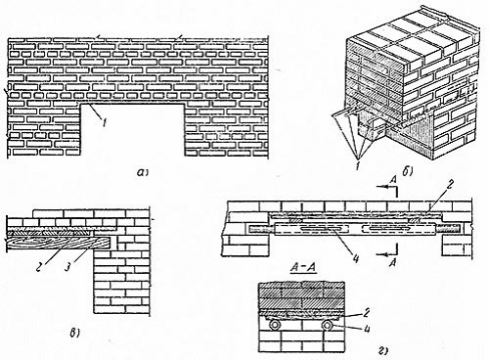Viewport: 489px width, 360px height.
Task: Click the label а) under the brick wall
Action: (142, 172)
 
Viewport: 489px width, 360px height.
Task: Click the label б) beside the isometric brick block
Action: (408, 171)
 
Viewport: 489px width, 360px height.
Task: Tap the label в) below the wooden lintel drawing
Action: (74, 333)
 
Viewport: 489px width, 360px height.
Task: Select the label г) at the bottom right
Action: (383, 351)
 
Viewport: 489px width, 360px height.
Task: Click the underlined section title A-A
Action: (303, 268)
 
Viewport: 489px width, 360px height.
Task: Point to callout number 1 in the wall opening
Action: (104, 123)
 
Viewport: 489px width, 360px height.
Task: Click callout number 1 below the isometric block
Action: (358, 166)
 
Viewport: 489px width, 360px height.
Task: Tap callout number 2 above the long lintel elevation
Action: (449, 185)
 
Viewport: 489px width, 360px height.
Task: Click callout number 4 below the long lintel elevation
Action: (356, 258)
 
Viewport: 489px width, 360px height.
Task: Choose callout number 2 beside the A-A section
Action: (367, 313)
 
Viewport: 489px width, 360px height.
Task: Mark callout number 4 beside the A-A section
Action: (367, 329)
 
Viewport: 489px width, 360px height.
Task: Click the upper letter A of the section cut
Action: (394, 180)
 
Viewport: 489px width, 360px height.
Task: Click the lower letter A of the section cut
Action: (393, 262)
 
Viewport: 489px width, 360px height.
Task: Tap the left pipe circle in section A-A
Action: (274, 325)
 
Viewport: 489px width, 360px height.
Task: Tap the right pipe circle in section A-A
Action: (327, 325)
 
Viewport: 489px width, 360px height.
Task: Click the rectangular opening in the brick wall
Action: (132, 130)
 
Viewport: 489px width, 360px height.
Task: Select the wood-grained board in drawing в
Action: (59, 244)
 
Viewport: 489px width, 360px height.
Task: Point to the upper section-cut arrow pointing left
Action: (386, 187)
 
